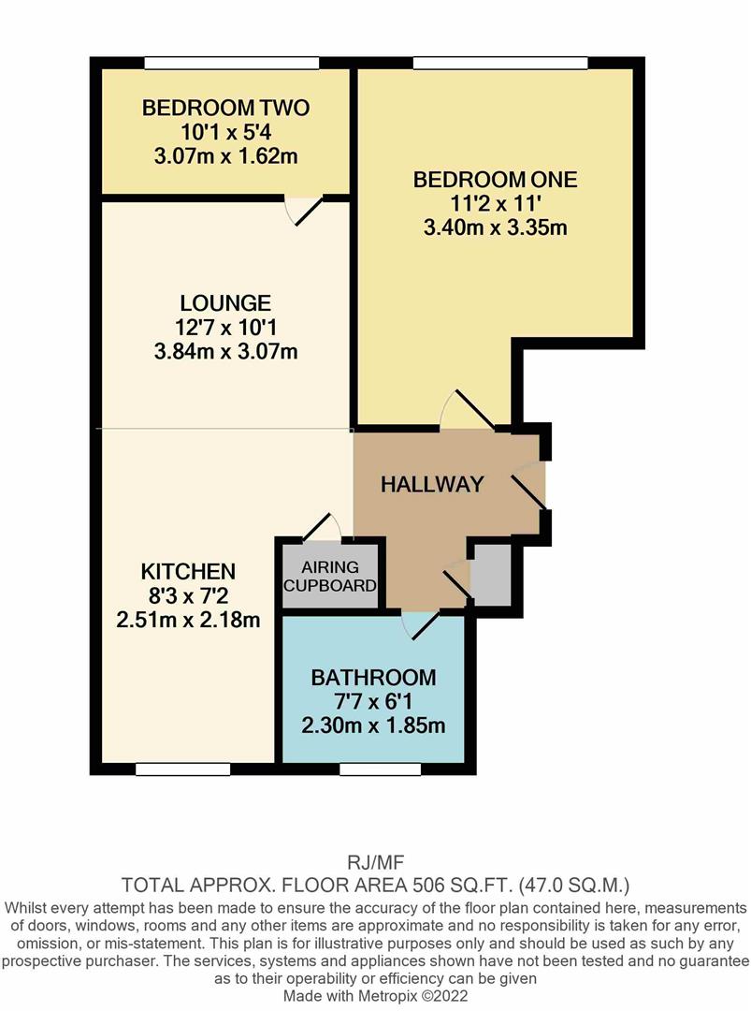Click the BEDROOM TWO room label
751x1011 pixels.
point(225,108)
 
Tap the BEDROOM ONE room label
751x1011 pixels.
point(495,179)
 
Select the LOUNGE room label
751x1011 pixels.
point(225,303)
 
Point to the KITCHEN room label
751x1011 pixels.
point(188,571)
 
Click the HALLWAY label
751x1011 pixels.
point(431,484)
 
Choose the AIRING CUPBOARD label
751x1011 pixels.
point(330,577)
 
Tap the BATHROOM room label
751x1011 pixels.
point(373,678)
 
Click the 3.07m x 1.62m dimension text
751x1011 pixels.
point(225,156)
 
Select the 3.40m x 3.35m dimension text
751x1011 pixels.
point(495,227)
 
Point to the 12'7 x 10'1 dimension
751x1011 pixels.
point(225,328)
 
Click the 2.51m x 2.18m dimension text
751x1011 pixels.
point(188,620)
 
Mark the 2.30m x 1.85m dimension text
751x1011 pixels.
point(373,726)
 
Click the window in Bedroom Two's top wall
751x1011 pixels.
point(232,63)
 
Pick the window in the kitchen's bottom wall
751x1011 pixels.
point(183,769)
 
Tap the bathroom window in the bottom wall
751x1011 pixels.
point(380,769)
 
